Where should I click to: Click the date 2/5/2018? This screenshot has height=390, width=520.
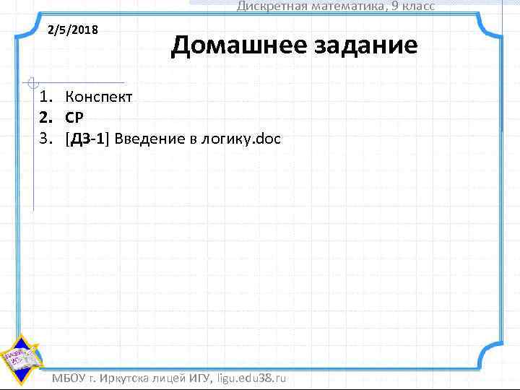click(x=73, y=31)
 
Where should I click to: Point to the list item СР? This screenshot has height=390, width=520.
click(x=75, y=117)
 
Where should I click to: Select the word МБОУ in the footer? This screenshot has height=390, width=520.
click(x=69, y=378)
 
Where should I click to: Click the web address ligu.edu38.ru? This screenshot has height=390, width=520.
click(x=252, y=378)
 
